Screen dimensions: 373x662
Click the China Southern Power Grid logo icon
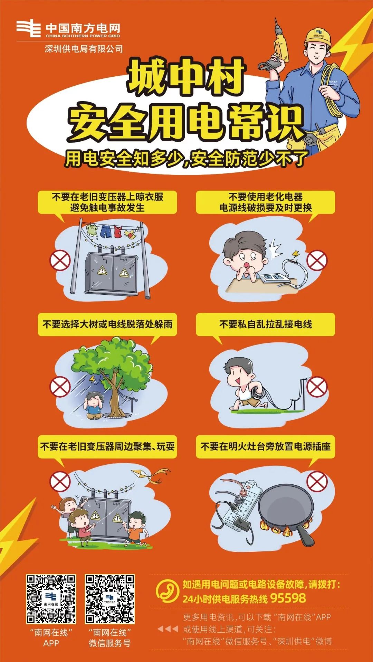click(29, 29)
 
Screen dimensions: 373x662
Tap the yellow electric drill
click(280, 45)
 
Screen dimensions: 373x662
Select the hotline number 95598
click(288, 598)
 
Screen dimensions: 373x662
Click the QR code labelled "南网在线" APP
click(51, 599)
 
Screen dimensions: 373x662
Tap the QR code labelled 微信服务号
click(110, 599)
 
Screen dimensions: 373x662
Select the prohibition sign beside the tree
click(60, 387)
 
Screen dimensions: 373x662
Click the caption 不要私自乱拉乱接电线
click(266, 324)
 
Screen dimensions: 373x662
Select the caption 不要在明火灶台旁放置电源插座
click(266, 446)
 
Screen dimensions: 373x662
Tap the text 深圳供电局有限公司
click(84, 49)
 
